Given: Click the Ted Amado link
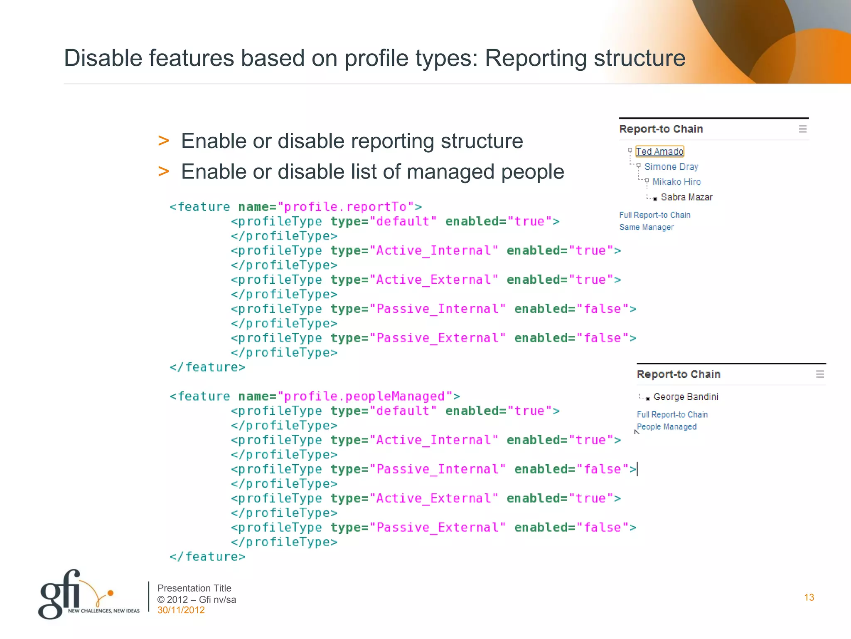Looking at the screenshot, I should [x=659, y=151].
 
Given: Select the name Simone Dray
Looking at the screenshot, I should [x=671, y=167].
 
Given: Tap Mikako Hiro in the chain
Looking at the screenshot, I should [x=676, y=182].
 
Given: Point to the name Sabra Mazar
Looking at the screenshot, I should [x=686, y=197].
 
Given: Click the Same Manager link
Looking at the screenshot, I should [x=646, y=227].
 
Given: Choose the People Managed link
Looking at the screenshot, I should [x=667, y=427].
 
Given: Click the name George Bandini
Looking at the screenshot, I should [x=686, y=397].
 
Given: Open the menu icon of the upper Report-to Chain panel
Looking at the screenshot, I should [x=802, y=129].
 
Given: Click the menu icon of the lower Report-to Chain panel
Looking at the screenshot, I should [x=820, y=374].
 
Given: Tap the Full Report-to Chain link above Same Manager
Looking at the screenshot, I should [x=654, y=215].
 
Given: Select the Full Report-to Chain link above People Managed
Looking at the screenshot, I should [x=672, y=415].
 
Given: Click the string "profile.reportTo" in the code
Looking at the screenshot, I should [x=346, y=207].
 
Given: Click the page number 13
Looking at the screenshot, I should [x=809, y=597].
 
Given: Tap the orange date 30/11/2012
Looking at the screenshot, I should [x=181, y=610].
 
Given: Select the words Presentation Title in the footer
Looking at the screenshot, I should [x=194, y=588].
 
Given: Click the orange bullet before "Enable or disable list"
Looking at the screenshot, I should [x=163, y=171].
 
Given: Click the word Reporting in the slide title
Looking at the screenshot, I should [x=536, y=58].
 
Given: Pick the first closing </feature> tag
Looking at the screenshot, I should [x=207, y=367].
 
